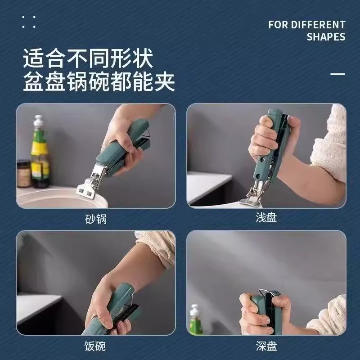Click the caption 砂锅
click(96, 219)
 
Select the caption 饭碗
click(95, 346)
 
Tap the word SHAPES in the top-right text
click(326, 37)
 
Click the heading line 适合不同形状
click(88, 59)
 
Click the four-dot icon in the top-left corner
click(28, 22)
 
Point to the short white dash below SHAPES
click(337, 73)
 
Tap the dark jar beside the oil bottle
click(23, 173)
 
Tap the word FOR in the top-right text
click(278, 24)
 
